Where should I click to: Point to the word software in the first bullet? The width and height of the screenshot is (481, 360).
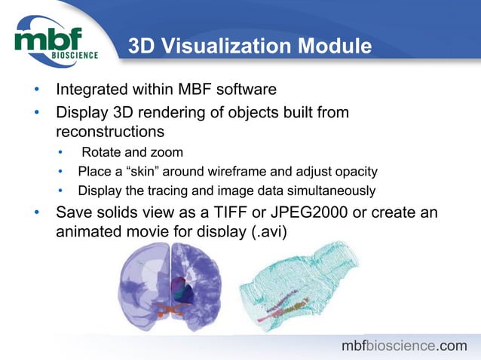coord(246,90)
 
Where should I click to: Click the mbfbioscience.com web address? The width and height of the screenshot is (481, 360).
coord(404,346)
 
